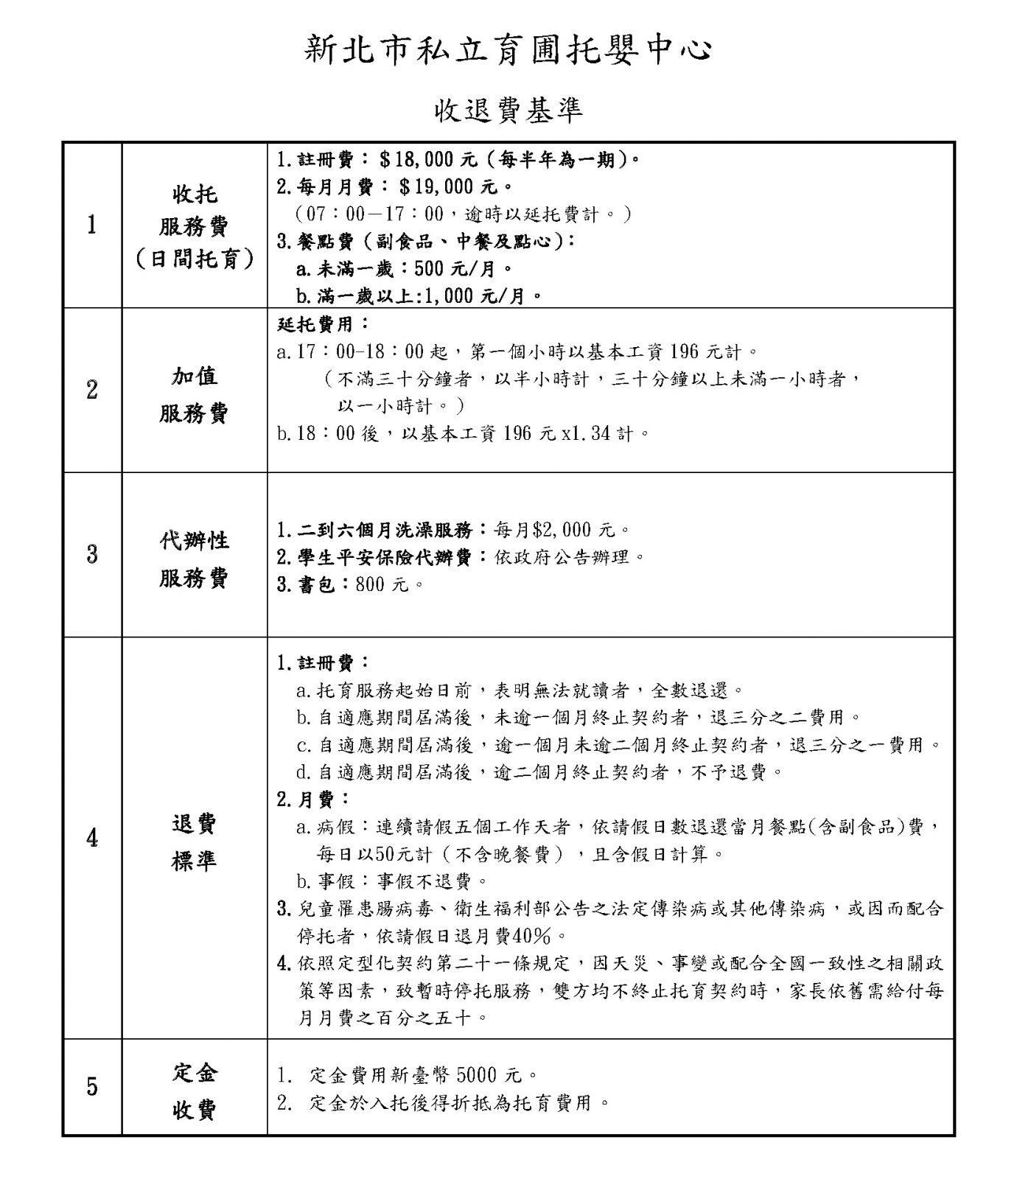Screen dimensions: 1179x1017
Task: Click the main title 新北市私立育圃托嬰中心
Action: click(x=508, y=50)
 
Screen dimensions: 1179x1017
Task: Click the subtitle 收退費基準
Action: click(x=508, y=110)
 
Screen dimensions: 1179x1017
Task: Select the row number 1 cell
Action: click(x=91, y=225)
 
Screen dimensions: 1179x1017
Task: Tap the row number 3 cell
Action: click(x=91, y=554)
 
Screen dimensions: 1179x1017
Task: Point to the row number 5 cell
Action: click(x=91, y=1086)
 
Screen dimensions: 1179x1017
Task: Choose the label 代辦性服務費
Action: click(x=194, y=559)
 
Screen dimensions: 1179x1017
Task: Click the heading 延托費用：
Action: click(x=324, y=323)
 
